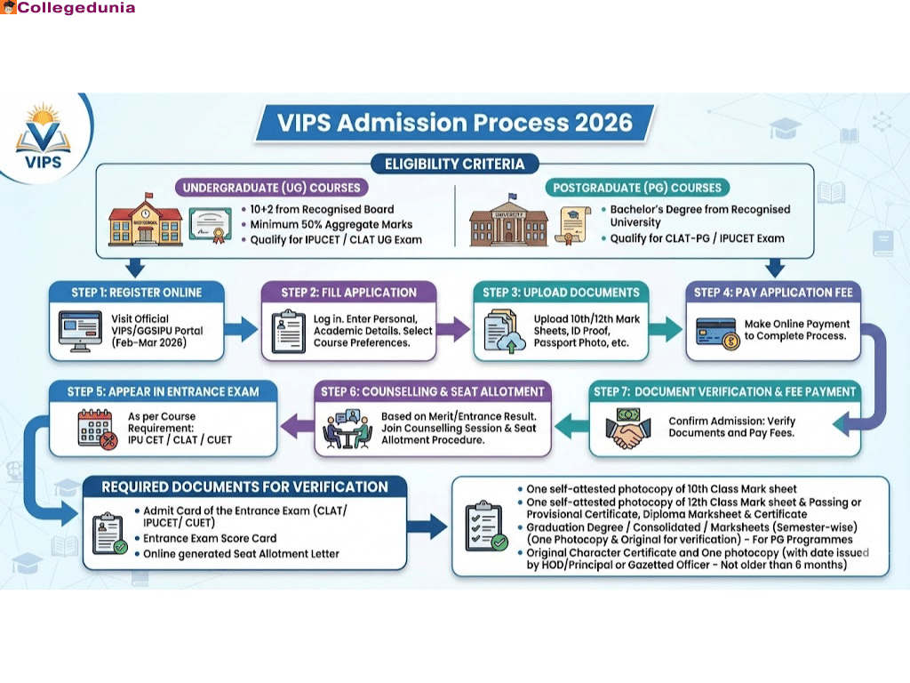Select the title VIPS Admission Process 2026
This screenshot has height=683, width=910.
click(x=454, y=122)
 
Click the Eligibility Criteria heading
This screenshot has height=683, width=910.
click(x=454, y=164)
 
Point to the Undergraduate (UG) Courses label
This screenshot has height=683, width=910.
click(x=272, y=188)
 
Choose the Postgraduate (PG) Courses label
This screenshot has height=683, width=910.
click(x=637, y=188)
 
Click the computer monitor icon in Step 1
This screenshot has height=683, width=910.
click(x=81, y=330)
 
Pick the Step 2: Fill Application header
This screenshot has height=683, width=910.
click(x=349, y=293)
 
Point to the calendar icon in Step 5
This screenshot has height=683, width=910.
click(x=95, y=428)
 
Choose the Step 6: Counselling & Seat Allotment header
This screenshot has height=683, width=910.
click(x=433, y=391)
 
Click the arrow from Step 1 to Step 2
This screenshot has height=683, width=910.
click(x=240, y=332)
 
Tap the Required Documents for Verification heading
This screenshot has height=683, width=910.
click(x=244, y=487)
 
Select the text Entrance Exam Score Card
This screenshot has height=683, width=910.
click(x=210, y=538)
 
